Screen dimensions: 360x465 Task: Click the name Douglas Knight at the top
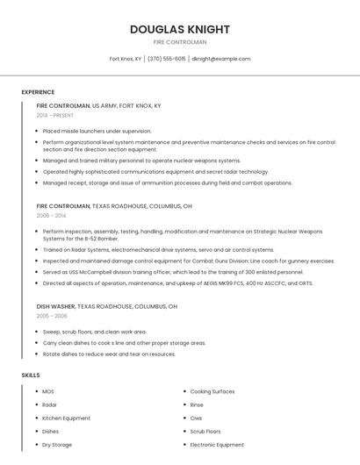tap(180, 29)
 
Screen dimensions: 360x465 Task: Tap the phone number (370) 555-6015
tap(167, 59)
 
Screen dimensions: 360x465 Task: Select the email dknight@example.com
tap(220, 59)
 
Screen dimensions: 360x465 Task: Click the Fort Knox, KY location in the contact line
tap(126, 59)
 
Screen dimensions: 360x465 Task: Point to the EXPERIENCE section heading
tap(38, 92)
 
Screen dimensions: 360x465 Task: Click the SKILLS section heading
tap(31, 376)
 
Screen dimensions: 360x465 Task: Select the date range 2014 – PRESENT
tap(55, 115)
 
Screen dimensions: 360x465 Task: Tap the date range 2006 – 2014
tap(51, 215)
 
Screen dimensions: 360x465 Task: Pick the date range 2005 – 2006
tap(52, 316)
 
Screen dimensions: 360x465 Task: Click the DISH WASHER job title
tap(55, 306)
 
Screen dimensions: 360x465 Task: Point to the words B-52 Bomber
tap(102, 239)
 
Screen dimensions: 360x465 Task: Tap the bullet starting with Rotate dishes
tap(109, 354)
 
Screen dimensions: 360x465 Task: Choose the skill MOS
tap(48, 391)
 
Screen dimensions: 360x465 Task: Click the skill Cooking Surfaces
tap(212, 391)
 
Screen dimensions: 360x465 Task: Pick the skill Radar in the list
tap(50, 404)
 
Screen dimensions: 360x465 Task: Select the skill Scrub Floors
tap(205, 432)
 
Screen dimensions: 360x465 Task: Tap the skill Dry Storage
tap(57, 445)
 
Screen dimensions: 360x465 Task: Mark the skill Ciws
tap(197, 418)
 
